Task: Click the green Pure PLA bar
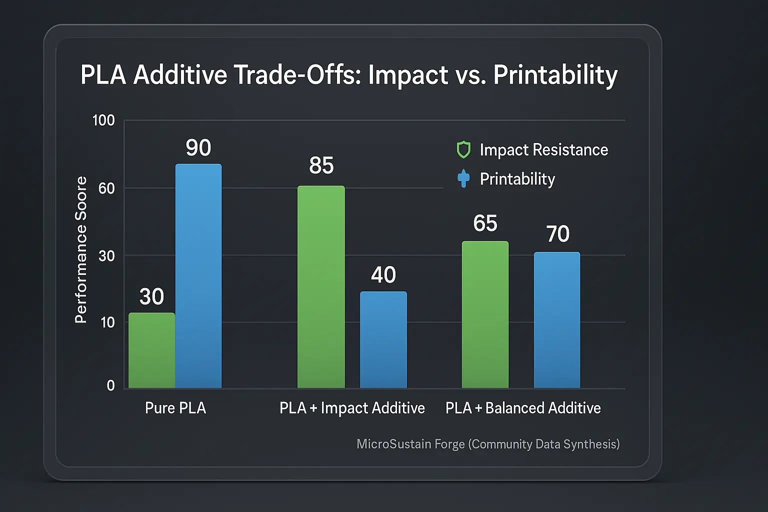click(x=152, y=350)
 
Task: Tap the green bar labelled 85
click(x=321, y=287)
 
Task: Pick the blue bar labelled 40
click(x=383, y=340)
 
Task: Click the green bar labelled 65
click(x=485, y=314)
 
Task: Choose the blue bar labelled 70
click(x=557, y=320)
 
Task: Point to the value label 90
click(x=198, y=148)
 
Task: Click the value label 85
click(x=321, y=165)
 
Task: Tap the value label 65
click(x=485, y=223)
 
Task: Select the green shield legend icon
click(x=463, y=150)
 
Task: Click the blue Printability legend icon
click(x=463, y=178)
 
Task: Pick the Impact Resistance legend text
click(x=543, y=150)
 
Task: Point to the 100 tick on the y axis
click(x=103, y=120)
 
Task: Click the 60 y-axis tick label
click(x=106, y=188)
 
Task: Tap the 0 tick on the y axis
click(x=110, y=385)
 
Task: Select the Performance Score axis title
click(x=81, y=250)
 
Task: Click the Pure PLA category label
click(x=175, y=408)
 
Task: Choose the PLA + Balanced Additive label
click(x=523, y=408)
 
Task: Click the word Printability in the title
click(x=555, y=75)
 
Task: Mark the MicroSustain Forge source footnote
click(x=488, y=444)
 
